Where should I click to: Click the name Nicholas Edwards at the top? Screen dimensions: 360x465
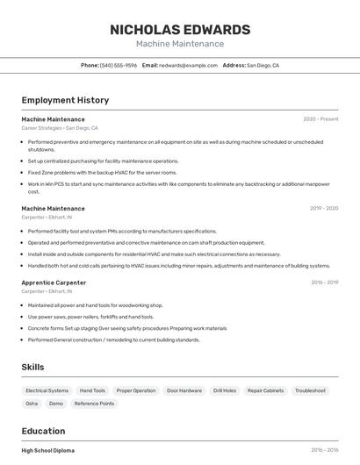180,29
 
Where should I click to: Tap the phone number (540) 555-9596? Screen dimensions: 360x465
118,65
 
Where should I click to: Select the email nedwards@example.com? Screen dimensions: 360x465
188,65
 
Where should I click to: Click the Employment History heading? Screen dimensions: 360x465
65,100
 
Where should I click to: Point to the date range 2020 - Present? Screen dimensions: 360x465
320,119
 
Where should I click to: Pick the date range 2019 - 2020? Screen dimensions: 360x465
324,209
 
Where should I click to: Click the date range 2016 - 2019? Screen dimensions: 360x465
324,283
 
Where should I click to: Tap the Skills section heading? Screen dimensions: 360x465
33,367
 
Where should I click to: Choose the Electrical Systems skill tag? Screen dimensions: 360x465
47,390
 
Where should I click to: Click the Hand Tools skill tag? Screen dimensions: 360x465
92,390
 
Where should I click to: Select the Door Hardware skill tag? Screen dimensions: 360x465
184,390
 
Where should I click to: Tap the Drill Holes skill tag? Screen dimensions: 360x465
225,390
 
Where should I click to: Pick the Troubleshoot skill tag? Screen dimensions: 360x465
310,390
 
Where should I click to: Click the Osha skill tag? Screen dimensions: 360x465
32,404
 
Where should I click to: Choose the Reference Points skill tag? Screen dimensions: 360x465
94,404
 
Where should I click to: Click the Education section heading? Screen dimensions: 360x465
43,431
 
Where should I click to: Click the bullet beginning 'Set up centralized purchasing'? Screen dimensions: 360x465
103,161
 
